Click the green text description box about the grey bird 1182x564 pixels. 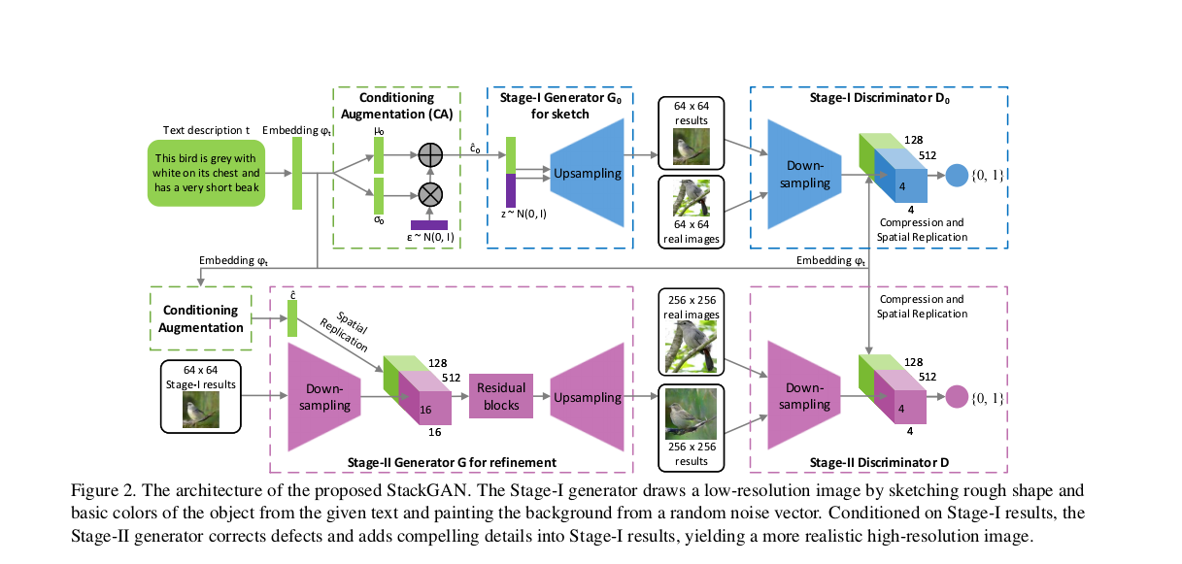tap(205, 173)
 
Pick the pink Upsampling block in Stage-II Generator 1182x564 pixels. tap(588, 398)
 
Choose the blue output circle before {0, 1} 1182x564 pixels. tap(957, 175)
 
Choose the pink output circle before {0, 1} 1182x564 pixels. tap(957, 397)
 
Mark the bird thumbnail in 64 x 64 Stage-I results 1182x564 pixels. tap(201, 411)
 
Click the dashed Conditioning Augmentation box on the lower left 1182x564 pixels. tap(200, 318)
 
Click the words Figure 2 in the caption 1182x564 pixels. tap(102, 487)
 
